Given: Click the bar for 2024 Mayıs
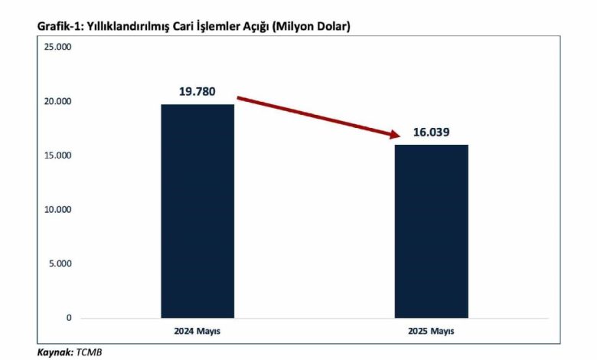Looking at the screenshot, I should tap(197, 211).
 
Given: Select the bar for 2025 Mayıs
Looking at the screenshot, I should tap(431, 231).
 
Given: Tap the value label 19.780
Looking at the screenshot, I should tap(197, 92).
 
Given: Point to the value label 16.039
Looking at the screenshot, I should tap(432, 132).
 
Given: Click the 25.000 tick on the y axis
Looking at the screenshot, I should tap(57, 47).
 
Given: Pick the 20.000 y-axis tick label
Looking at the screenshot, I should tap(57, 102).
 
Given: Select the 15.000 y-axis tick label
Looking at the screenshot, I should tap(57, 155).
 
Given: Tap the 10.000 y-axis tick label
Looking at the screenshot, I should tap(57, 210).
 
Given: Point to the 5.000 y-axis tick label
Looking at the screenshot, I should tap(60, 264).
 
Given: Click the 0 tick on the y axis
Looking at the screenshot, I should tap(68, 318).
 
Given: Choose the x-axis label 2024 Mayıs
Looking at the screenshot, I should tap(197, 332).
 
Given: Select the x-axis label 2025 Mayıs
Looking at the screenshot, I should tap(431, 332).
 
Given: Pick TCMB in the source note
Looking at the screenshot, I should tap(87, 352).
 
